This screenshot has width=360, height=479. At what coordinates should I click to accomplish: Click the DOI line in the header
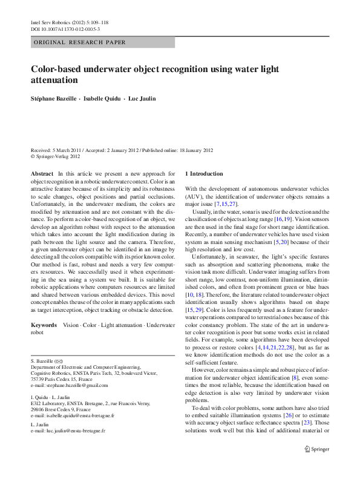[x=65, y=28]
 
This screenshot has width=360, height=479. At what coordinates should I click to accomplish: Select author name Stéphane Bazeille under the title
[x=53, y=98]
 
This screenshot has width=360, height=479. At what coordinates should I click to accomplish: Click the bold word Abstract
[x=42, y=174]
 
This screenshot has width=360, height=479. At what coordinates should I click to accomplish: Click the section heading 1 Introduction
[x=204, y=174]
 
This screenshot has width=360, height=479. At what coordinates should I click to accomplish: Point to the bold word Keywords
[x=45, y=325]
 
